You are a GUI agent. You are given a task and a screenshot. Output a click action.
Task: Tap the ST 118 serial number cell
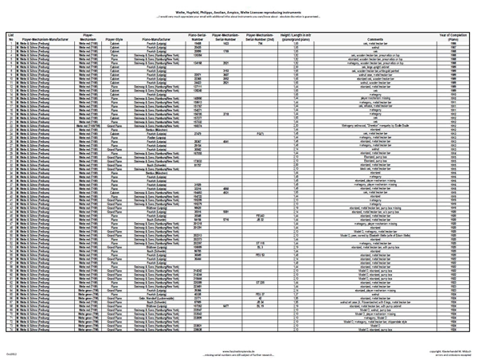[x=260, y=243]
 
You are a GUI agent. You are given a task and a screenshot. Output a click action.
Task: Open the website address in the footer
[x=239, y=348]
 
